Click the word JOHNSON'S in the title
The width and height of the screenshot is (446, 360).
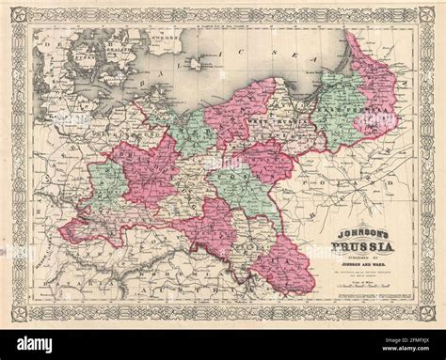353,225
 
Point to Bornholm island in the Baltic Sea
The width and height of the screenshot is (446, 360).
196,64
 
